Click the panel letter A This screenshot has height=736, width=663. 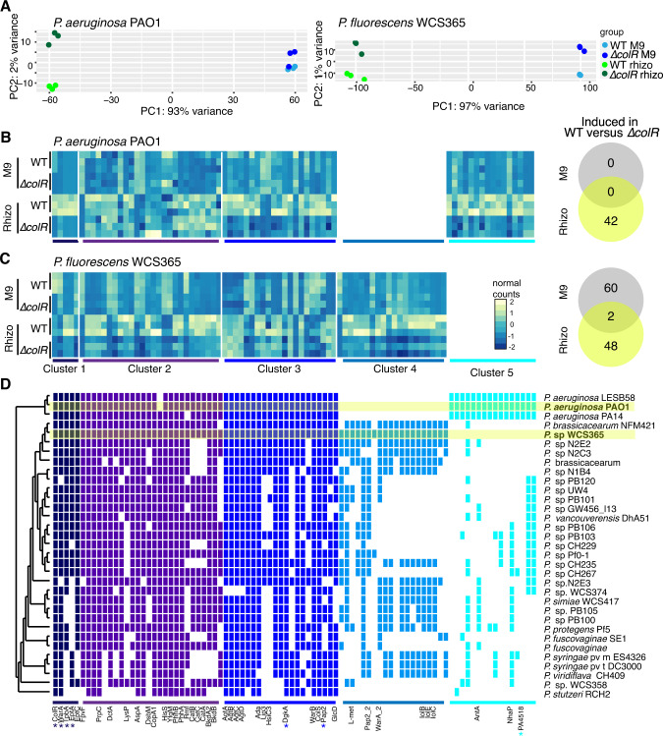click(7, 7)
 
